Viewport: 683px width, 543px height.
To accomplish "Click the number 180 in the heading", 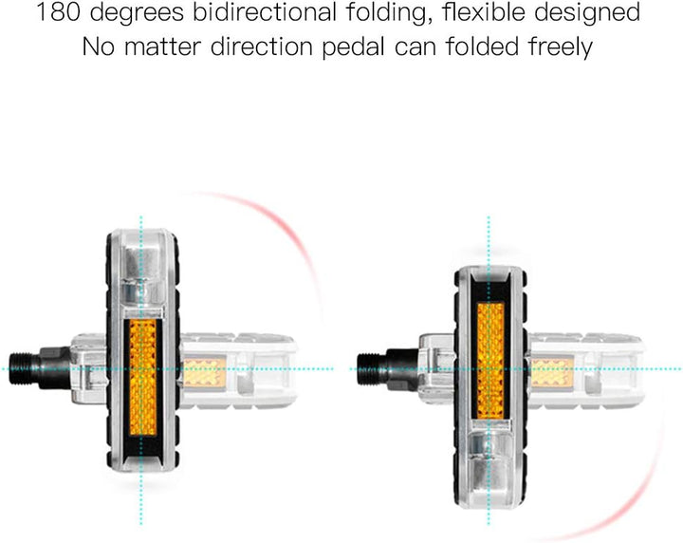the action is pos(59,12).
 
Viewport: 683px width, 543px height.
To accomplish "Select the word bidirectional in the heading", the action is pos(265,12).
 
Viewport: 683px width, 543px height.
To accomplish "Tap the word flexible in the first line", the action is pos(484,12).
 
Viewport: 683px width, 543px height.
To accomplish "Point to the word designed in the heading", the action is pos(587,14).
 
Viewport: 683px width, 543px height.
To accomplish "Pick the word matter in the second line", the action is pos(162,47).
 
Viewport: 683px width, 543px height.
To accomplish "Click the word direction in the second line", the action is pos(262,47).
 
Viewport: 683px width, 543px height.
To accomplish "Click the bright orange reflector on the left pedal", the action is pos(143,378).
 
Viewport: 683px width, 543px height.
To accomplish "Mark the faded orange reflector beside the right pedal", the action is pos(552,372).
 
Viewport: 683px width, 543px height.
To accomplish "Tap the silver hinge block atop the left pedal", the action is pos(143,274).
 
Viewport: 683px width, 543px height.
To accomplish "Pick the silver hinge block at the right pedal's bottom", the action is pos(490,453).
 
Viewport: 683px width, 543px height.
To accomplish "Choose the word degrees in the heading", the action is pos(137,14).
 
